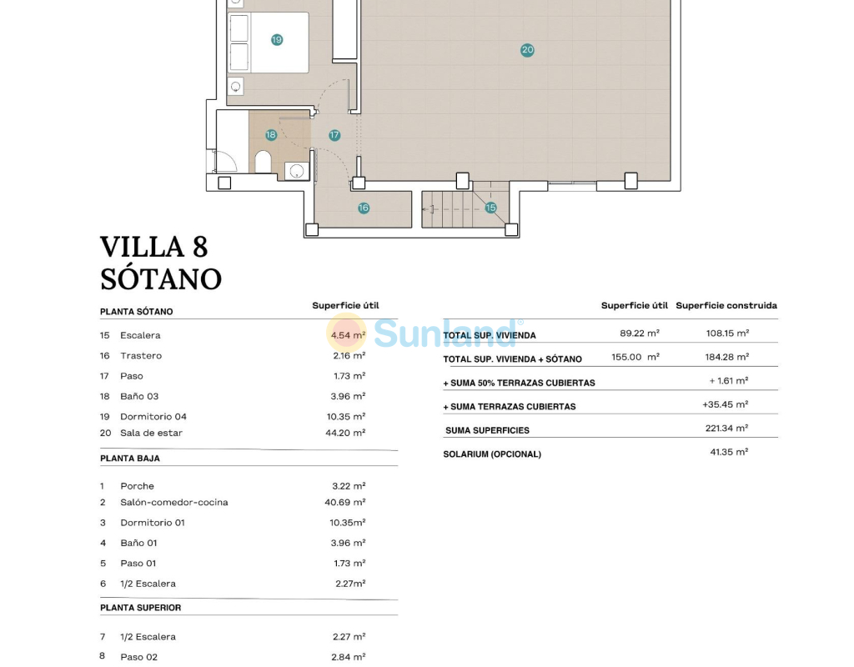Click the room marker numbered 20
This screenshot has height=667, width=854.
527,50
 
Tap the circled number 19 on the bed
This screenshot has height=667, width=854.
277,40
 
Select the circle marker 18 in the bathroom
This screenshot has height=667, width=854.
271,134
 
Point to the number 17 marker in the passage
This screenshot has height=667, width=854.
334,135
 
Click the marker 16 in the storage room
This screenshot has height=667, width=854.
364,208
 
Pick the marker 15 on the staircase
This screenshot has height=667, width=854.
490,208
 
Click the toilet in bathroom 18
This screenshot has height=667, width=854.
263,162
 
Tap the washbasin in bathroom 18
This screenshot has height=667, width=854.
297,172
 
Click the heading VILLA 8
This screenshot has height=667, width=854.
154,247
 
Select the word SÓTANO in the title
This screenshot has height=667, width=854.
161,278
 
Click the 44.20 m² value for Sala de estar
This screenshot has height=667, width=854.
345,433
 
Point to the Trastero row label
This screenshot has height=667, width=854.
141,355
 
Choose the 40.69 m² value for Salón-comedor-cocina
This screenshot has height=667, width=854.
345,502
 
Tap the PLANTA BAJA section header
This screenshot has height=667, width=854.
130,459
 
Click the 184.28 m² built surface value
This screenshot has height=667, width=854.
727,357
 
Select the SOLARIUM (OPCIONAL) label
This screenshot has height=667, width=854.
492,454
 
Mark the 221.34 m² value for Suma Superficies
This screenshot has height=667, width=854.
727,428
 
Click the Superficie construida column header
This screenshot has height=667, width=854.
726,305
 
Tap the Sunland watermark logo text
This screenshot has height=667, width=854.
445,333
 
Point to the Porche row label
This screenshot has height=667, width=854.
138,486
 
